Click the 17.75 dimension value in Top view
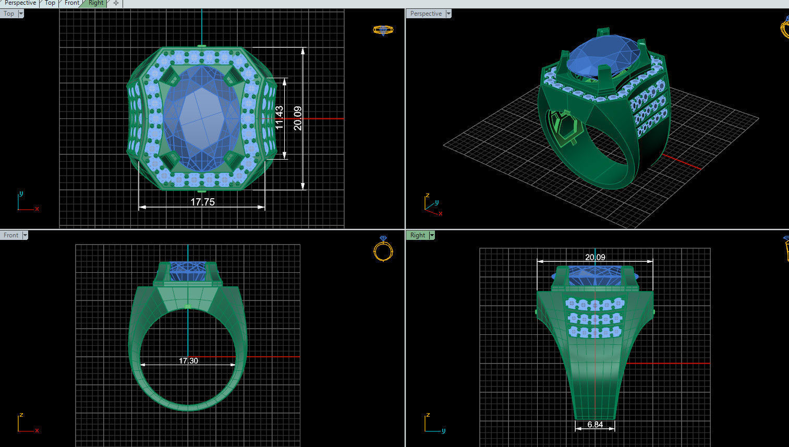click(x=202, y=202)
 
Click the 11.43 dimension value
click(x=279, y=118)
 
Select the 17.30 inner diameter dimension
click(x=188, y=360)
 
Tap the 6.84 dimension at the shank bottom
click(x=594, y=425)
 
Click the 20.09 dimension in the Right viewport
click(x=595, y=257)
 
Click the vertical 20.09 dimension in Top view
click(x=297, y=118)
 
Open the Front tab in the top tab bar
click(x=72, y=3)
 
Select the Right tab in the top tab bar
click(x=96, y=3)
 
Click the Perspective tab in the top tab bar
click(x=20, y=3)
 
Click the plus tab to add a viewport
click(x=116, y=3)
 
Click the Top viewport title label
click(x=9, y=14)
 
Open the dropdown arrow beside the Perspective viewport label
click(x=448, y=14)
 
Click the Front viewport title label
click(x=10, y=235)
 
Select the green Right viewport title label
click(x=417, y=235)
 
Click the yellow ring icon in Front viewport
click(x=383, y=249)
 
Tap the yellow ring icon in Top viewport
click(x=383, y=30)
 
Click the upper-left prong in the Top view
click(x=169, y=77)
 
